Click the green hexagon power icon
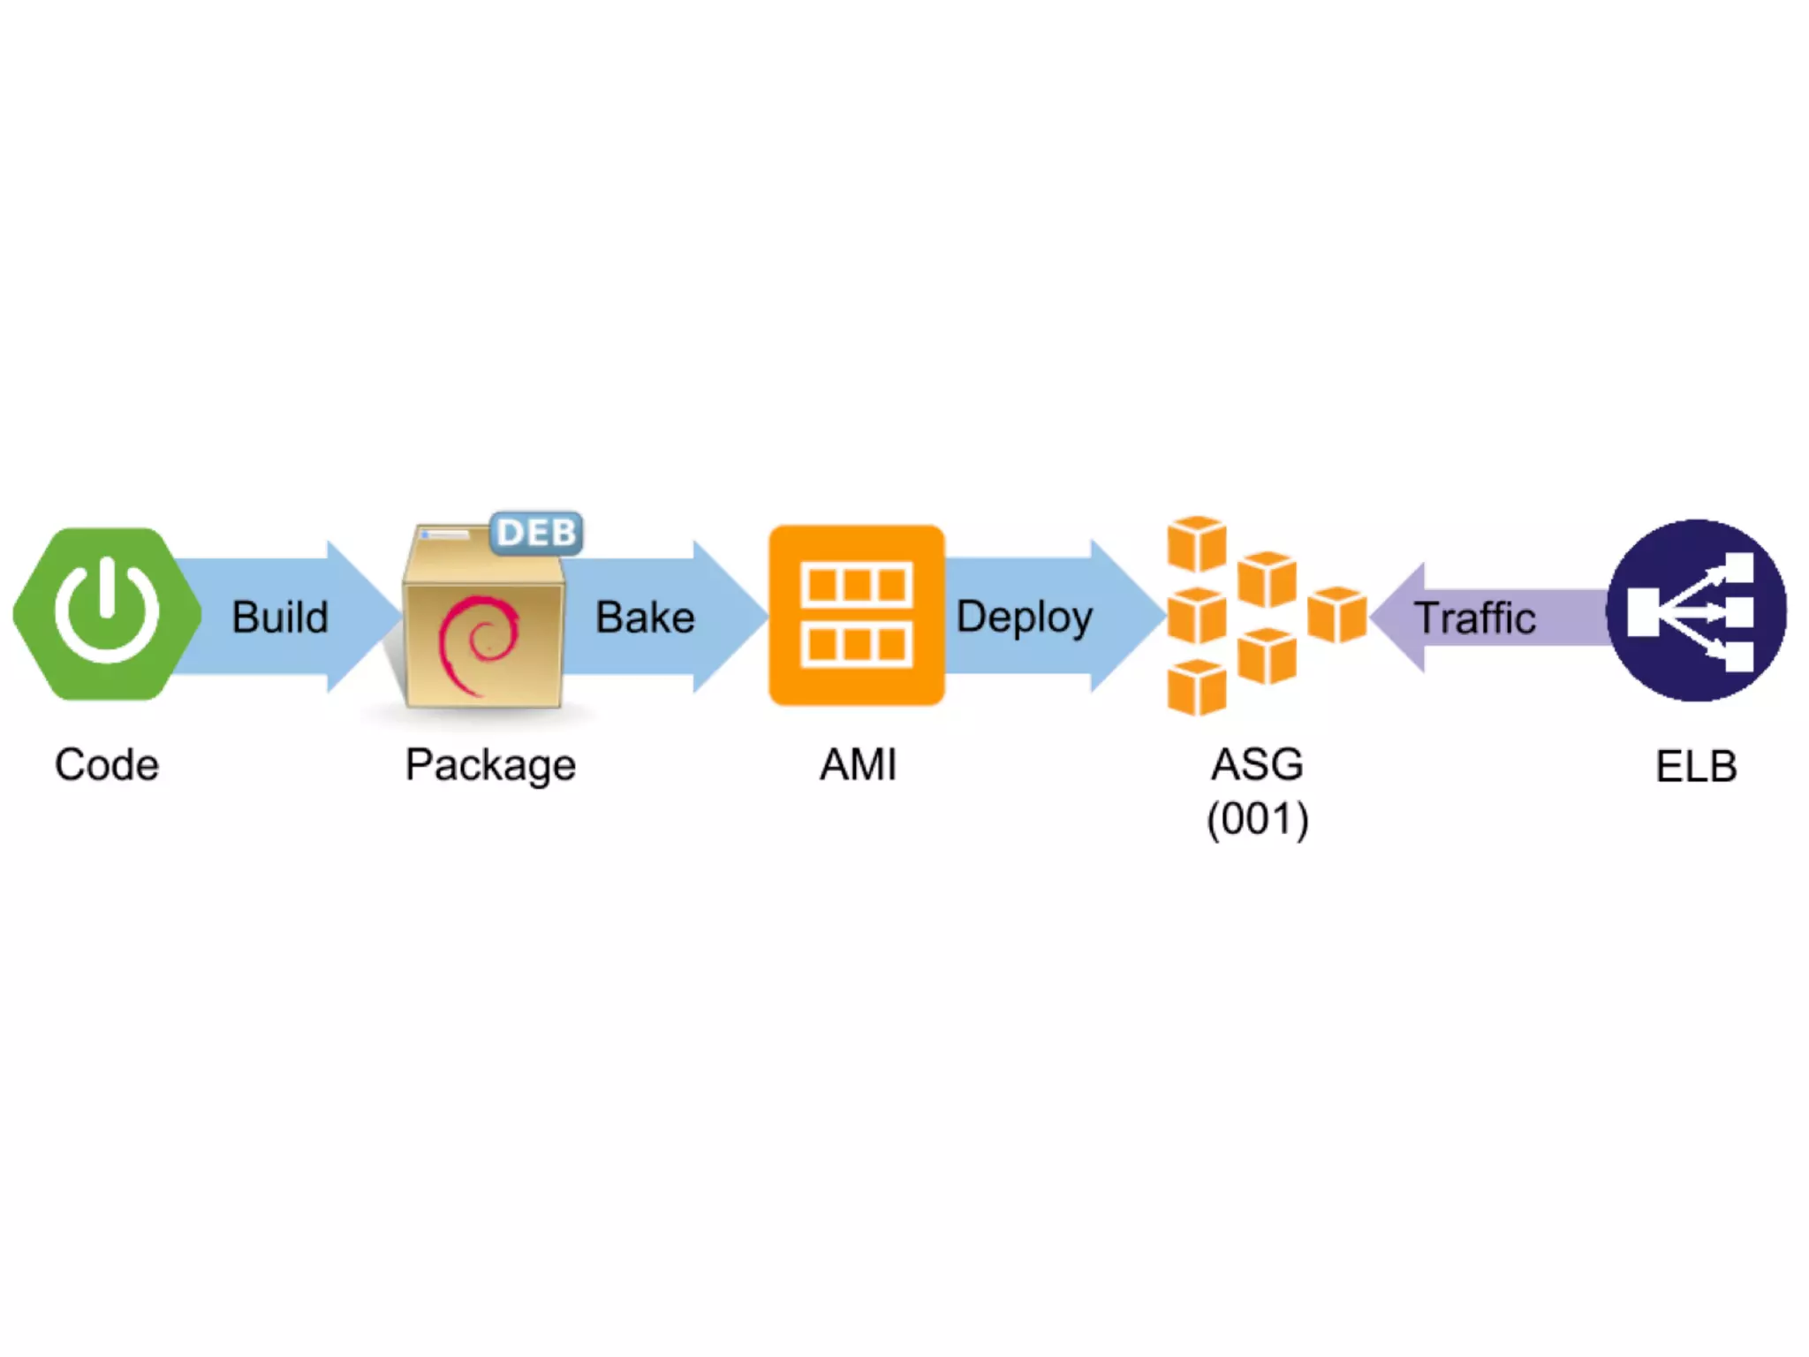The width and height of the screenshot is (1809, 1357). coord(106,614)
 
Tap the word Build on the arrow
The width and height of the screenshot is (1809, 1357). coord(280,617)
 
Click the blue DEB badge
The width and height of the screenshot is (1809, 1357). coord(536,533)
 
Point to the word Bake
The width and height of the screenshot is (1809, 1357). coord(645,617)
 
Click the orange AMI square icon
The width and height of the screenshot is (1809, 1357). coord(856,615)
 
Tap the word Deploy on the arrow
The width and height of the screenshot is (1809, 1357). coord(1025,617)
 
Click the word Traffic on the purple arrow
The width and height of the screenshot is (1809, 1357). coord(1475,618)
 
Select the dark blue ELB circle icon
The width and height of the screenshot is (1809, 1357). coord(1696,610)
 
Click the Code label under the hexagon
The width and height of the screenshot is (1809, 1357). coord(107,764)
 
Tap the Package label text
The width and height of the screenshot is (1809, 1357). coord(490,765)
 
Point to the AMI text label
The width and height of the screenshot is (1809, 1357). coord(858,764)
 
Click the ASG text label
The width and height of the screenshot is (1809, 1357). coord(1257,764)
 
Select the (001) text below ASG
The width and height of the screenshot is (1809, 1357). coord(1257,819)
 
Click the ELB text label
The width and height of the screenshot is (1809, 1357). coord(1696,766)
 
